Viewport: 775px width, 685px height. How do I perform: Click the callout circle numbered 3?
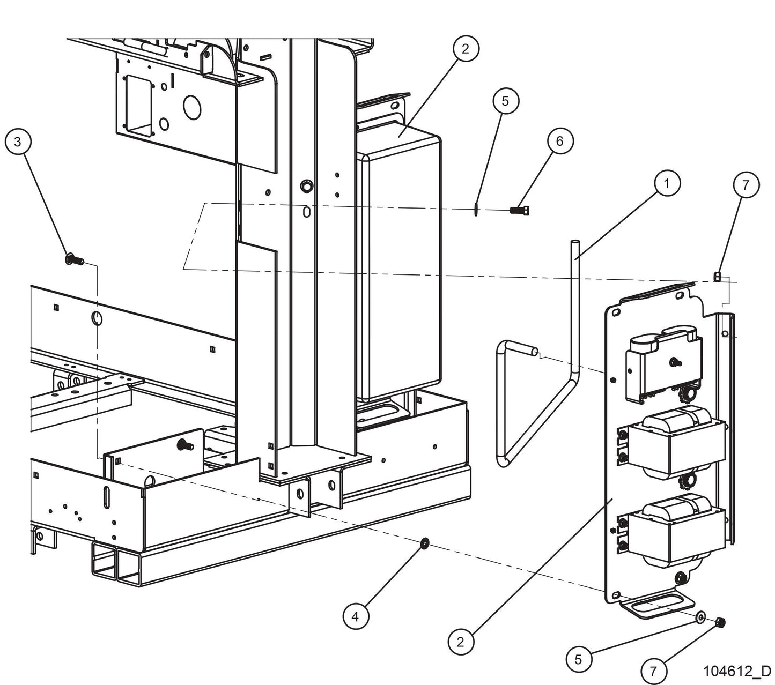(x=18, y=142)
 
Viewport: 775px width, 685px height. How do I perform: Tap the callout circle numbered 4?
(x=355, y=616)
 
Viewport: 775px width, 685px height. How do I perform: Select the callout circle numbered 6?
(x=560, y=141)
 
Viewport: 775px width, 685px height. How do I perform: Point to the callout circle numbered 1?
(x=667, y=183)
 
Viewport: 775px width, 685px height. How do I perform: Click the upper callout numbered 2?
(x=465, y=48)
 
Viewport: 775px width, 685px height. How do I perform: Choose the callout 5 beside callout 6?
(x=506, y=100)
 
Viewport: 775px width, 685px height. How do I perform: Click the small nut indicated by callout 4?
(x=424, y=545)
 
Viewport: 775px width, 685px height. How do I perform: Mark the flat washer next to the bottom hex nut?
(x=701, y=618)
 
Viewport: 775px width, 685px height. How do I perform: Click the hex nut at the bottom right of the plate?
(x=720, y=623)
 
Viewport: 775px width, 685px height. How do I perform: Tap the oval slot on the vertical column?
(x=306, y=212)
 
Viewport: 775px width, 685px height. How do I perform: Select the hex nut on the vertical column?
(x=305, y=186)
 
